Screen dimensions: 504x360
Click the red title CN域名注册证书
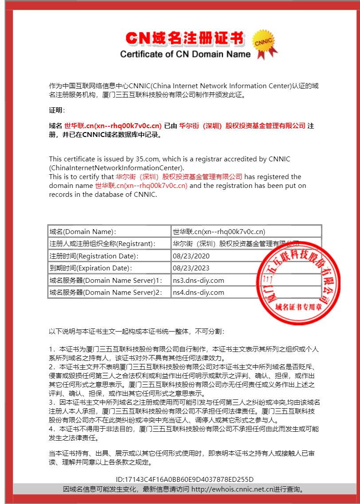click(x=185, y=39)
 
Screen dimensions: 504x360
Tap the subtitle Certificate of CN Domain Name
click(x=185, y=55)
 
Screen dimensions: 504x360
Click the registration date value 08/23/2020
click(x=191, y=256)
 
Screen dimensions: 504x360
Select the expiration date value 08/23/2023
click(x=191, y=268)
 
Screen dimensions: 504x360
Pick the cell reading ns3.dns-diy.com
click(x=198, y=281)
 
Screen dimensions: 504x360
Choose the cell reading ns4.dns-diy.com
click(x=198, y=293)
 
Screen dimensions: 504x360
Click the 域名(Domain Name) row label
click(x=83, y=232)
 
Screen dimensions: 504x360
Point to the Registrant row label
click(x=102, y=244)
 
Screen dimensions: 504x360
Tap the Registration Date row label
click(x=94, y=256)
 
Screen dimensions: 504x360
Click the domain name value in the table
click(x=219, y=232)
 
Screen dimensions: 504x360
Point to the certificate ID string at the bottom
click(x=184, y=479)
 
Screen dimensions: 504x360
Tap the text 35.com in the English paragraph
click(x=146, y=159)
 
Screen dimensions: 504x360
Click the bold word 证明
click(x=56, y=110)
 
